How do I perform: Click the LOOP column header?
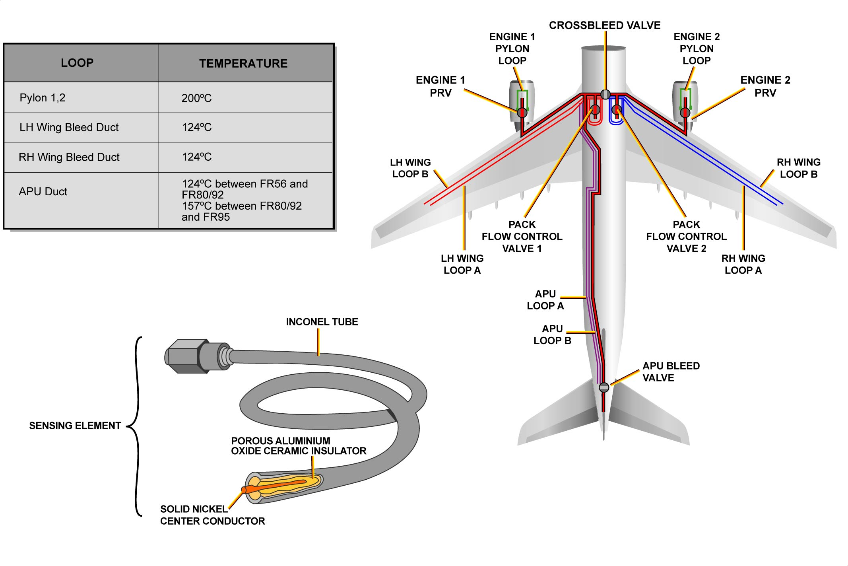point(77,63)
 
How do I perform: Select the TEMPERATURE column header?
point(243,64)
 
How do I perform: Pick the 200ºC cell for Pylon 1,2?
point(196,98)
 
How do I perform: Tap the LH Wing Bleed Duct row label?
point(69,127)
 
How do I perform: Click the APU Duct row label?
point(43,192)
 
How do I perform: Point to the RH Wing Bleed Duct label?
point(69,157)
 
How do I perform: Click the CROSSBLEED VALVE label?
point(604,25)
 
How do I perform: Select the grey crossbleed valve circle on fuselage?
point(605,94)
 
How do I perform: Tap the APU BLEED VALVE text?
point(671,371)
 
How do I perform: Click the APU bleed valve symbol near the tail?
point(604,387)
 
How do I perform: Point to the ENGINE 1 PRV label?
point(440,86)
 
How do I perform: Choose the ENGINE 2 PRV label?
point(765,86)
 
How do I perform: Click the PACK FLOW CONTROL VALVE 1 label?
point(522,236)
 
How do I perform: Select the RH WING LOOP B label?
point(798,168)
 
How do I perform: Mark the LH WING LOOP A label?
point(462,264)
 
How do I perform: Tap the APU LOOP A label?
point(545,300)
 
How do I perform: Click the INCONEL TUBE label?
point(322,322)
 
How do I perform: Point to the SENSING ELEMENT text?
point(75,426)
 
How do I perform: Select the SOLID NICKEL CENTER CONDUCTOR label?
point(212,515)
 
